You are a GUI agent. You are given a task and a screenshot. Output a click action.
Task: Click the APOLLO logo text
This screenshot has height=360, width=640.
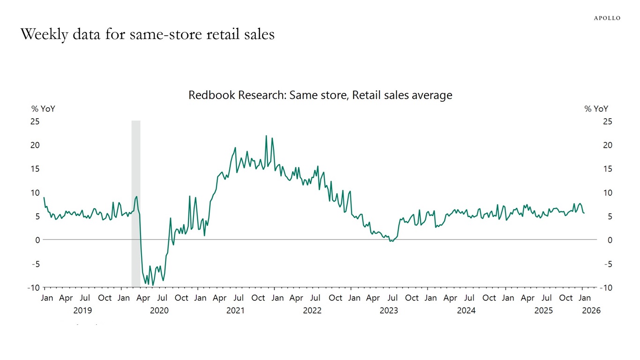click(607, 18)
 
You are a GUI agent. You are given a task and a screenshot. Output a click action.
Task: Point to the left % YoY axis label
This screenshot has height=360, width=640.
click(43, 109)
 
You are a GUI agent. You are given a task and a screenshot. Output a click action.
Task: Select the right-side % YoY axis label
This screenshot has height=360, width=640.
click(596, 109)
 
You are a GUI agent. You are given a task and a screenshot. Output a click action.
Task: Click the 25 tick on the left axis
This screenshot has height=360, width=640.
click(35, 121)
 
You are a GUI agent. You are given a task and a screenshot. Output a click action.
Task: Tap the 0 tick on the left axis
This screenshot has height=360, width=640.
click(37, 240)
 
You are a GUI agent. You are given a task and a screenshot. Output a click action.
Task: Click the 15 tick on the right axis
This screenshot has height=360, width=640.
click(607, 169)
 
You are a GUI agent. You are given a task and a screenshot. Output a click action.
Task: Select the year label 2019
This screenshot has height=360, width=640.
click(82, 310)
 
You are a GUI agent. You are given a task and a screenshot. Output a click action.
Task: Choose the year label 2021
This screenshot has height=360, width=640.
click(235, 310)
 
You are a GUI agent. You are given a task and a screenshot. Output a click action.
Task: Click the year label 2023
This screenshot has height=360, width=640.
click(388, 310)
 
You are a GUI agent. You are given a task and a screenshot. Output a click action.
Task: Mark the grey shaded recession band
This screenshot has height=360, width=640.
click(136, 204)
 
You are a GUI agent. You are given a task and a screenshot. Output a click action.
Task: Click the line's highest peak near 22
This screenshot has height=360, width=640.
click(266, 136)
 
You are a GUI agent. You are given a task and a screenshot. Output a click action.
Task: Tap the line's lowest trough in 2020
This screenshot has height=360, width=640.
click(153, 285)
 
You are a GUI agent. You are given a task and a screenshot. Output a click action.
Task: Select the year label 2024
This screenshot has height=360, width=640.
click(466, 310)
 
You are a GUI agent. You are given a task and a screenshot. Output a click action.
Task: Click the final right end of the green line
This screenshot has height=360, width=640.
click(584, 213)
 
